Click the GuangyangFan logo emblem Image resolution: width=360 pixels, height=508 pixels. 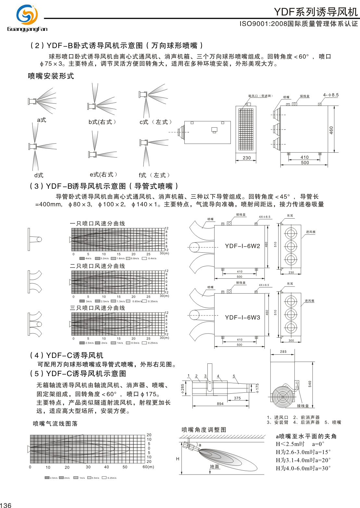point(27,15)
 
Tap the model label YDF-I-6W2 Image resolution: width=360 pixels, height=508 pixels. point(242,246)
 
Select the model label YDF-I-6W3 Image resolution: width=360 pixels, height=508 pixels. point(242,318)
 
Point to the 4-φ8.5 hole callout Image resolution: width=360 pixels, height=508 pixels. point(330,95)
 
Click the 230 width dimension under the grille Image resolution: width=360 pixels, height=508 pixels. point(247,158)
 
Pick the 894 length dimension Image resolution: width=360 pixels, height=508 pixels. point(220,404)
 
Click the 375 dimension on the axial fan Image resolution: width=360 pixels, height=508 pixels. point(237,398)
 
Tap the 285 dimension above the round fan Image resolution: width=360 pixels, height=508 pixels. point(283,352)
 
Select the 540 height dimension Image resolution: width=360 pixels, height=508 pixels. point(310,384)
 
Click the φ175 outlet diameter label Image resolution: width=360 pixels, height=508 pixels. point(257,388)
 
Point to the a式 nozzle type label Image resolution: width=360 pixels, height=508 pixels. point(42,120)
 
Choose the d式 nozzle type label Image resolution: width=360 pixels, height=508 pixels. point(39,175)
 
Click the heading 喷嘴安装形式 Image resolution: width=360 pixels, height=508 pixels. point(51,76)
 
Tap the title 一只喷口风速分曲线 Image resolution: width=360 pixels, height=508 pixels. point(97,223)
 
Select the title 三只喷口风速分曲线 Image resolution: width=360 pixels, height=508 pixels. point(97,308)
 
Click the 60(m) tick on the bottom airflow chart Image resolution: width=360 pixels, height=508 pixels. point(148,467)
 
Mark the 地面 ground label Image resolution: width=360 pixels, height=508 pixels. point(214,466)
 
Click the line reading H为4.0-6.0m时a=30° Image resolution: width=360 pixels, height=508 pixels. point(303,468)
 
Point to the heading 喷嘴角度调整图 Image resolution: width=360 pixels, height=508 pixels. point(204,430)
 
